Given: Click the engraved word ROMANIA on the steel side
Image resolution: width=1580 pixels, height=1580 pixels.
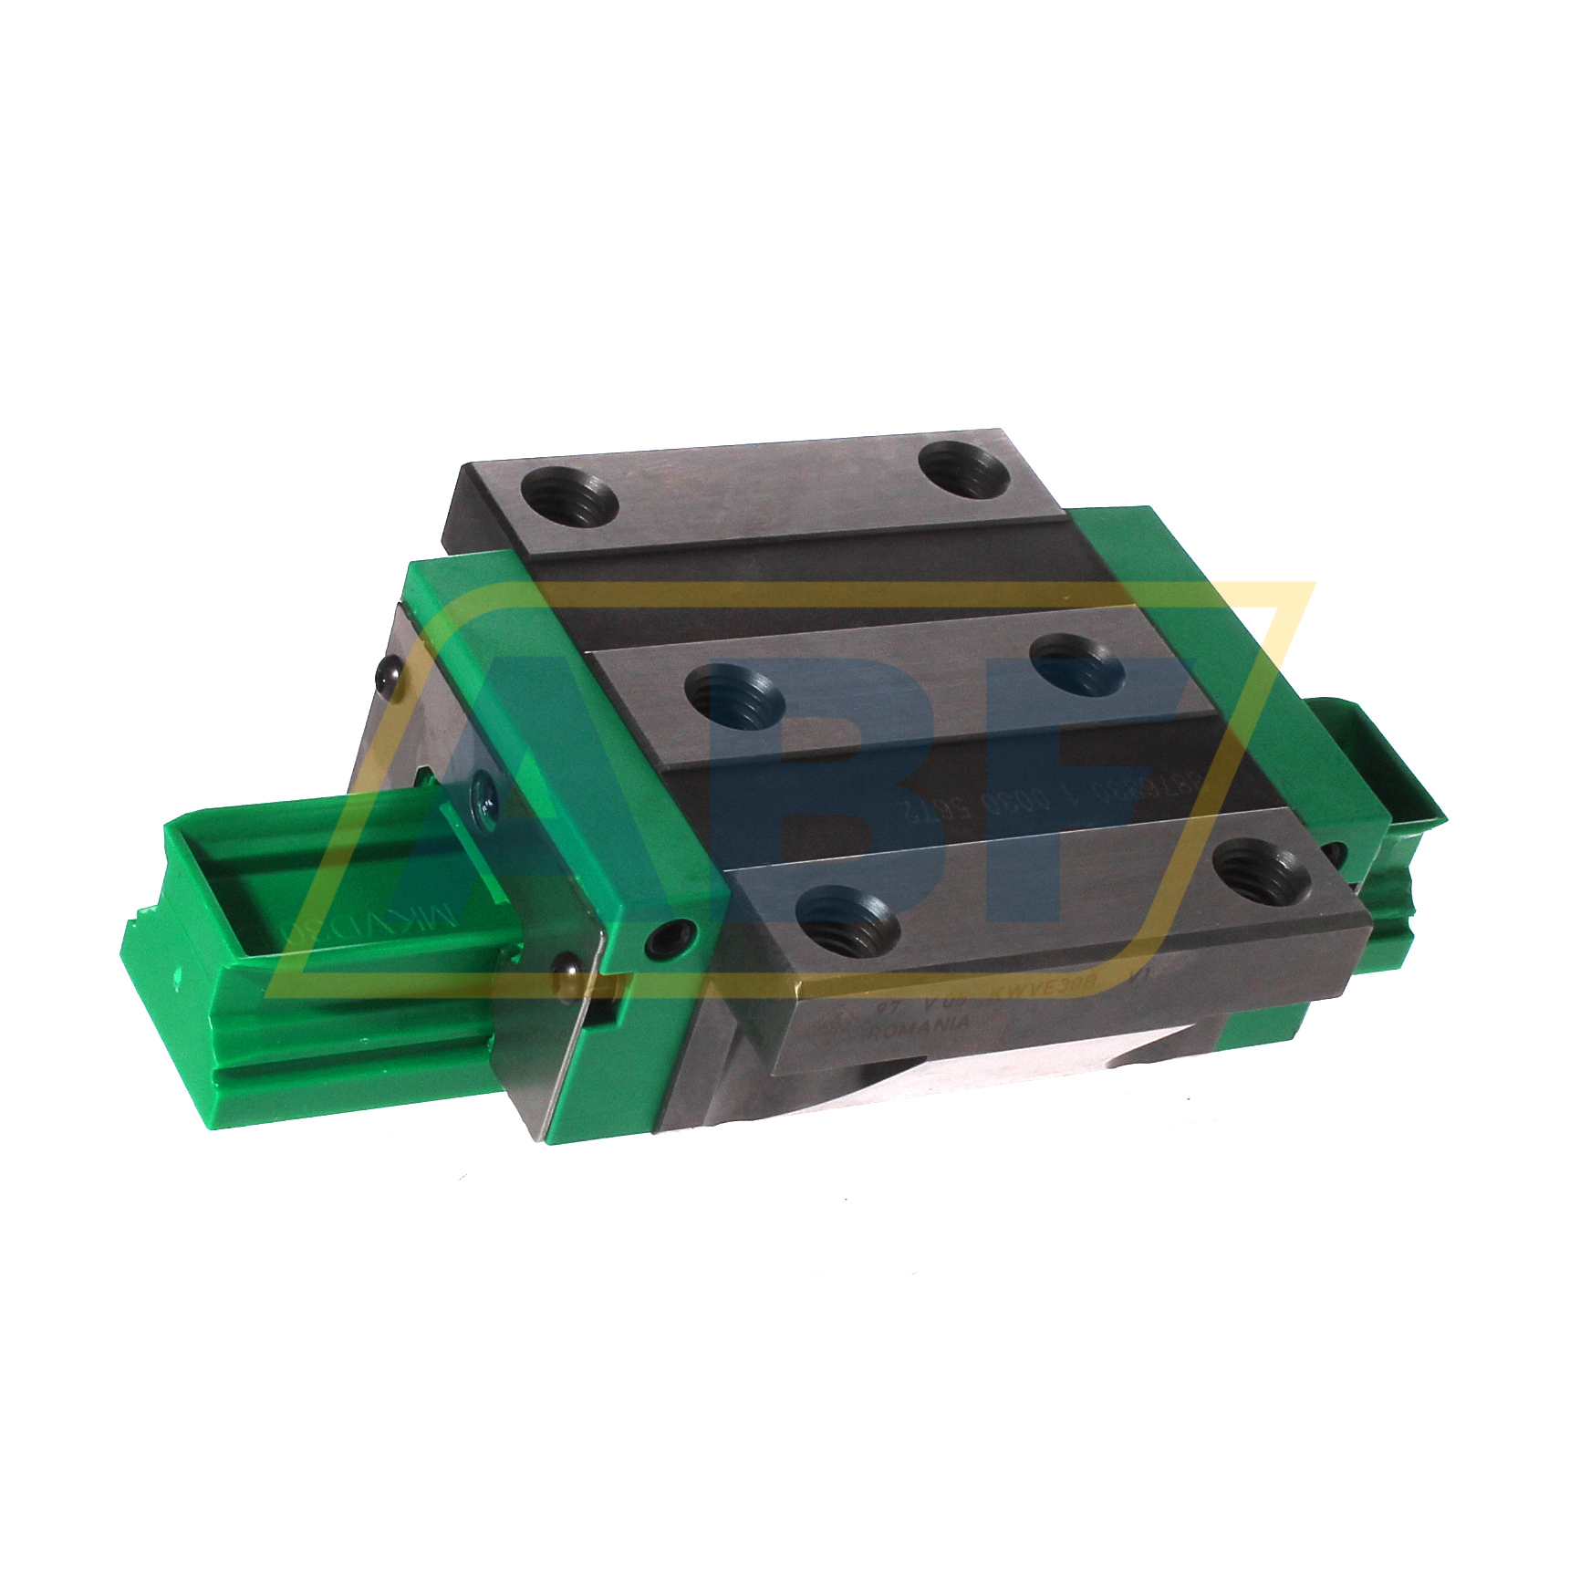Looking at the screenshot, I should (x=920, y=1026).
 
